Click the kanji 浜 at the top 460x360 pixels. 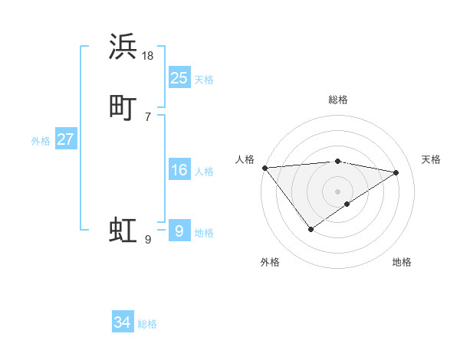tap(123, 47)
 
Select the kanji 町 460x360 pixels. tap(123, 108)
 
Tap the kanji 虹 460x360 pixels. tap(123, 231)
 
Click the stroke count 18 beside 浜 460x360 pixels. tap(148, 55)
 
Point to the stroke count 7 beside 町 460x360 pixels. tap(148, 116)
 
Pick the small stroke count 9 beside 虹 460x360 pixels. tap(148, 239)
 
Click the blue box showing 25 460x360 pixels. tap(179, 77)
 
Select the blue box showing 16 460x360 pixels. tap(179, 170)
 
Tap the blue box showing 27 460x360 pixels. tap(65, 139)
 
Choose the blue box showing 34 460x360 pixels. tap(122, 322)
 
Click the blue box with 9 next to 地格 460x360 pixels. tap(179, 231)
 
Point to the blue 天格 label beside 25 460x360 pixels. tap(204, 80)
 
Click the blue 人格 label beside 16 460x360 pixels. tap(204, 172)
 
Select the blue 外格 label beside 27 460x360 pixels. tap(41, 141)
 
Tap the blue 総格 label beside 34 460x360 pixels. tap(147, 325)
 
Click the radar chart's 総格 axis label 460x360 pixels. tap(338, 100)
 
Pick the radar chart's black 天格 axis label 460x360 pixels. tap(431, 159)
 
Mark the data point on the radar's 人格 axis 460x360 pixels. tap(264, 168)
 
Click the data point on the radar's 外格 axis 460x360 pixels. tap(310, 229)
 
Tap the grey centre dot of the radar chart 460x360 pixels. tap(338, 191)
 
